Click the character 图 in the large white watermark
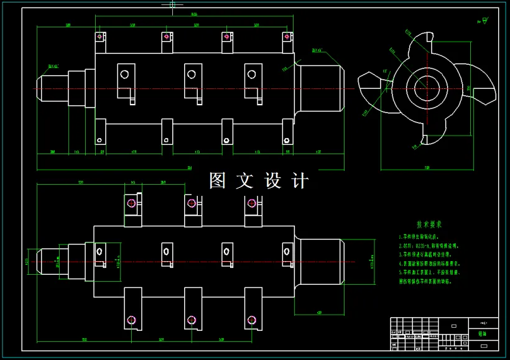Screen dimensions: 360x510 (218, 181)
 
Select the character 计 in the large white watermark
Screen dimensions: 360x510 (300, 181)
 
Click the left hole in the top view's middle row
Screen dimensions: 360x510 (124, 74)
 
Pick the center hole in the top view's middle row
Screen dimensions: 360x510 (191, 75)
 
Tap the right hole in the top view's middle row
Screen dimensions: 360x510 (251, 75)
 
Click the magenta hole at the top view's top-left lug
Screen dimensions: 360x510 (100, 37)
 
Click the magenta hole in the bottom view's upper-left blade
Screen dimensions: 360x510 (131, 203)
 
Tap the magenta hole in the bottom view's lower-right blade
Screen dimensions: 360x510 (252, 320)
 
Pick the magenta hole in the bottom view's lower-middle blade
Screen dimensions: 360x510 (192, 320)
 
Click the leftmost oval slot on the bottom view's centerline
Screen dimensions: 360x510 (99, 251)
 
